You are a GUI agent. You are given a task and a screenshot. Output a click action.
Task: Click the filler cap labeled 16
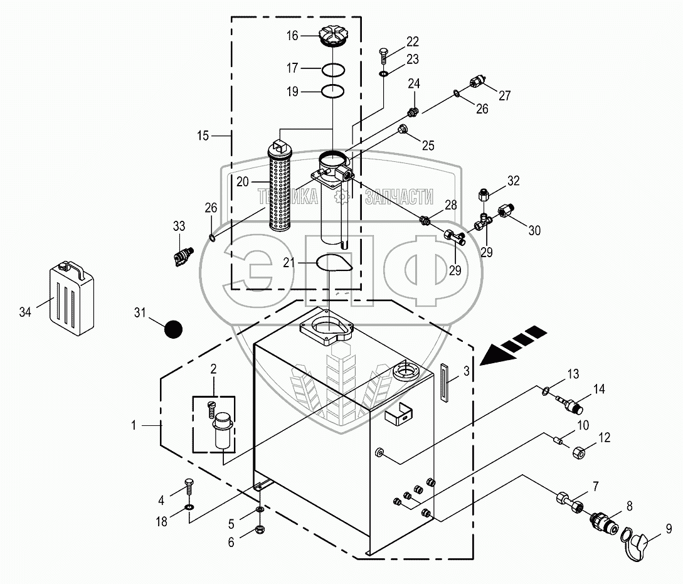333,36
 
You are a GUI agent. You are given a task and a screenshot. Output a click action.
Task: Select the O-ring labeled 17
334,69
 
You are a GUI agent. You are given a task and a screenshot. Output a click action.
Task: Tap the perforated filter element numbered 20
280,186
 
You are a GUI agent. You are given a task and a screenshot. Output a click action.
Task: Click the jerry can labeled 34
71,299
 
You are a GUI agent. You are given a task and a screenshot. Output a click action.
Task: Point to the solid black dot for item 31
173,329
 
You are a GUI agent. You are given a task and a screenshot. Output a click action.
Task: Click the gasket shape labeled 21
334,263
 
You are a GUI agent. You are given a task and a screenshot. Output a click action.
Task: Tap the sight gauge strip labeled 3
444,382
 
